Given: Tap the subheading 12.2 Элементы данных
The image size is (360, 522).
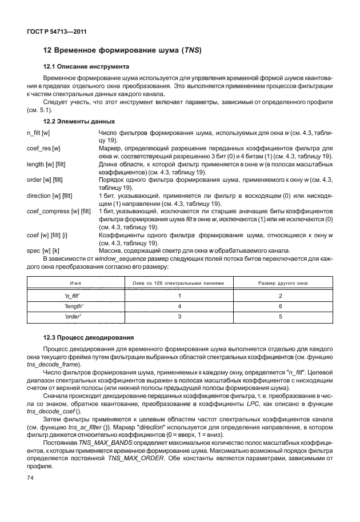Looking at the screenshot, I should click(79, 122).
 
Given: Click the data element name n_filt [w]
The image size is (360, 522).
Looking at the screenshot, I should click(39, 133).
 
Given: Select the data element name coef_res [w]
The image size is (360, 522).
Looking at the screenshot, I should click(43, 149).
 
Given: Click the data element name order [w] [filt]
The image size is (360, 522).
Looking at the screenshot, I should click(44, 181).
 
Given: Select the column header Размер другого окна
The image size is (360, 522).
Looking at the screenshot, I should click(280, 282).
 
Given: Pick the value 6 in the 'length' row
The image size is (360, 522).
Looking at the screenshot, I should click(280, 306).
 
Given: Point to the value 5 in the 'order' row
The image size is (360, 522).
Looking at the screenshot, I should click(280, 316).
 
